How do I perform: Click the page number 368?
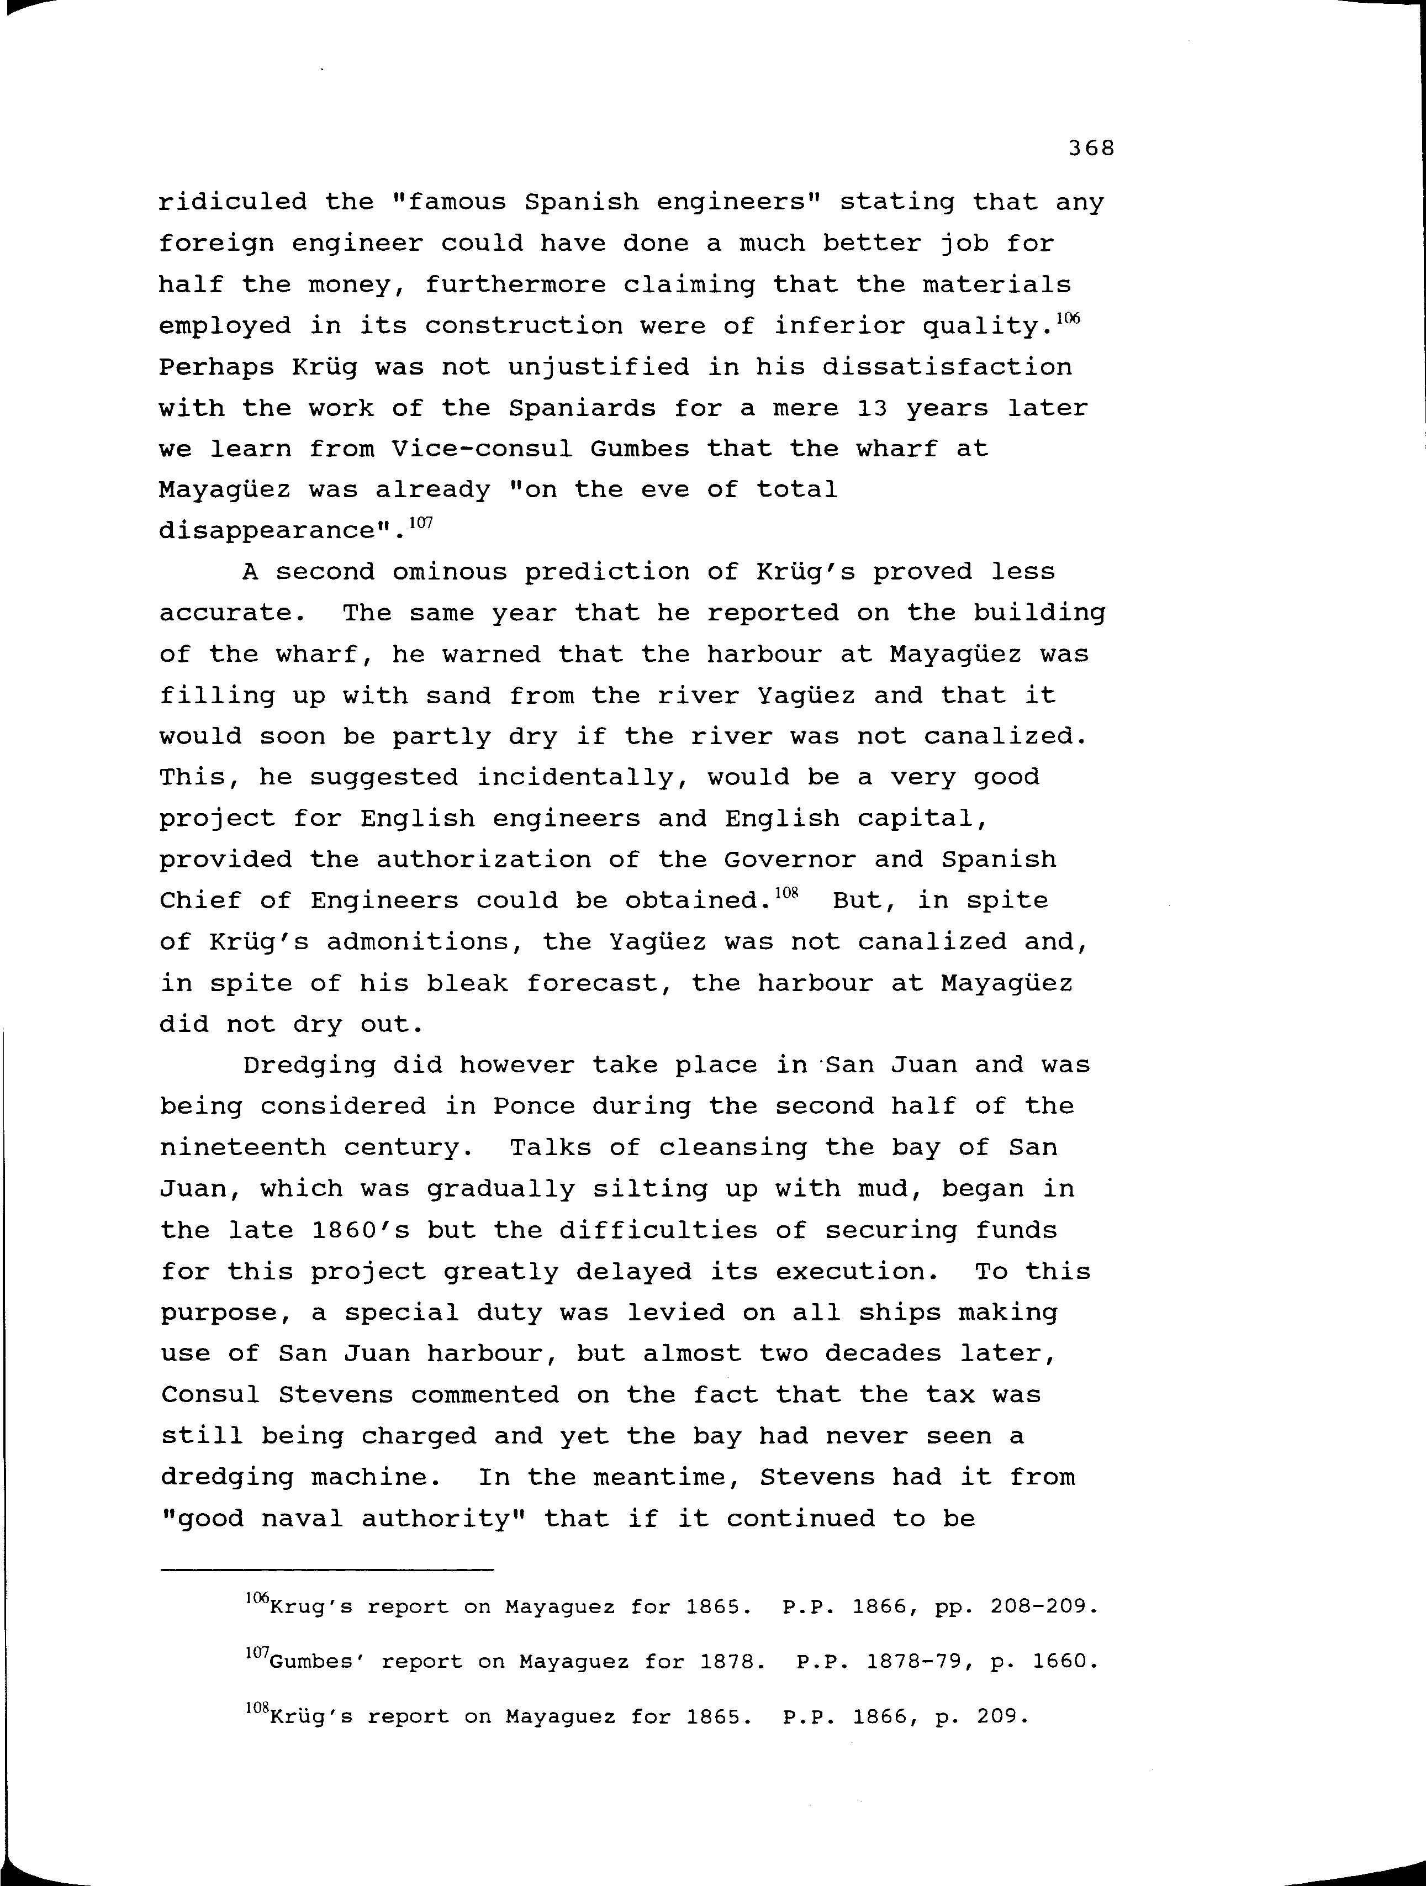pyautogui.click(x=1091, y=149)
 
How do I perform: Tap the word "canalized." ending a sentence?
pyautogui.click(x=1005, y=736)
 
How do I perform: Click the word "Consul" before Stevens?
pyautogui.click(x=210, y=1395)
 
